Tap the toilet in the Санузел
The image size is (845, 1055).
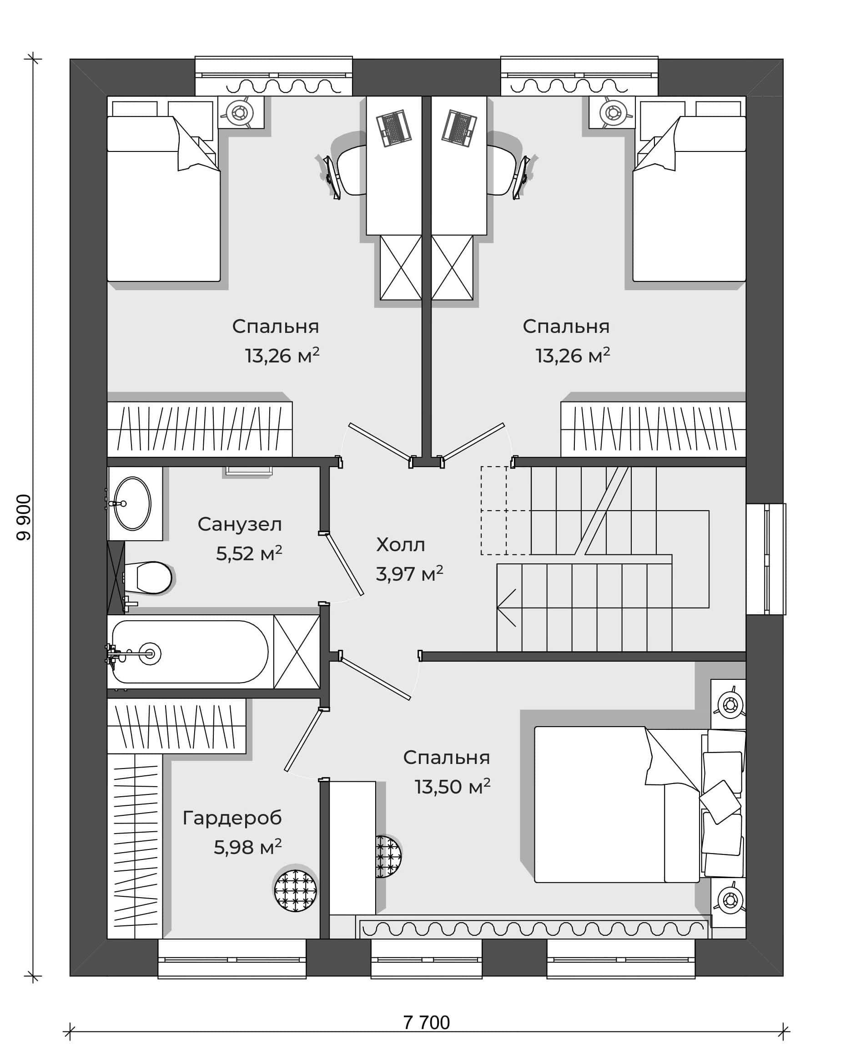[x=149, y=578]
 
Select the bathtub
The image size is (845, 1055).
[x=190, y=652]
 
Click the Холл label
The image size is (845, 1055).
[x=400, y=545]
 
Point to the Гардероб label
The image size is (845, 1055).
[x=232, y=817]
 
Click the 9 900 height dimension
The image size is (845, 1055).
[x=24, y=517]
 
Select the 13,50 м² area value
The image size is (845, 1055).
[x=453, y=787]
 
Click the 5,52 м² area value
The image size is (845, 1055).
[x=249, y=553]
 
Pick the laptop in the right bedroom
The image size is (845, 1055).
[x=459, y=128]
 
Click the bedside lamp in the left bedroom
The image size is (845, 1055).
[x=240, y=112]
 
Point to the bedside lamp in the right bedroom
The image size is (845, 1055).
[x=613, y=112]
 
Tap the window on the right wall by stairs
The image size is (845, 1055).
[x=766, y=559]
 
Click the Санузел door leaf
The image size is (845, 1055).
[x=344, y=564]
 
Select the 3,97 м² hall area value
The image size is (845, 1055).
[x=409, y=573]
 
